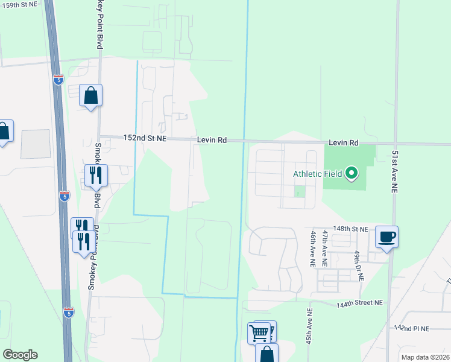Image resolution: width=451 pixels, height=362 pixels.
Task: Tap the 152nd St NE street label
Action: [x=145, y=138]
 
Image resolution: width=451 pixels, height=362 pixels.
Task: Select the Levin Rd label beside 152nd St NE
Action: [x=212, y=140]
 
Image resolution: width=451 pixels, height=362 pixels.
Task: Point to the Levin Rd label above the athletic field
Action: [x=344, y=143]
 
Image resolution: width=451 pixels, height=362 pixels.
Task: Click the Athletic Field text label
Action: [x=317, y=174]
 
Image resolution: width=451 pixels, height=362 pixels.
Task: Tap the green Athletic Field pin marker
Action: [x=352, y=174]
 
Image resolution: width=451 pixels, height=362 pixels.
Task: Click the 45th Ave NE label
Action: [x=308, y=326]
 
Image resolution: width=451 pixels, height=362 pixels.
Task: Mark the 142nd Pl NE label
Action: [x=412, y=328]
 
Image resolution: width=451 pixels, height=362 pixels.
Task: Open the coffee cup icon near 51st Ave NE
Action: [x=386, y=237]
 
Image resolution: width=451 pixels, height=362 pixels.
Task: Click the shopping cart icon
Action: [x=259, y=332]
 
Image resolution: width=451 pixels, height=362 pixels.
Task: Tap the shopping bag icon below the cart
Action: [x=266, y=354]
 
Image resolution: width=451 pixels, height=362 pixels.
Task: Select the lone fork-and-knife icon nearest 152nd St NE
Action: [x=96, y=176]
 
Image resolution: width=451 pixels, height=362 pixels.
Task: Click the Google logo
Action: [x=20, y=355]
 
